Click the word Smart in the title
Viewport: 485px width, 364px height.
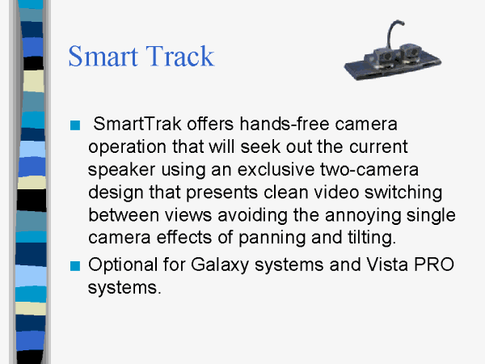[x=103, y=56]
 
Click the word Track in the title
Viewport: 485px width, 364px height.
[x=180, y=56]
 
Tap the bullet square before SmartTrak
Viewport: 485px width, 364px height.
[x=75, y=125]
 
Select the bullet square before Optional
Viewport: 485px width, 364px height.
[x=75, y=266]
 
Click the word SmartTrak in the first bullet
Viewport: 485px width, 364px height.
[x=137, y=124]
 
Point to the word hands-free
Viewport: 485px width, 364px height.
[x=285, y=124]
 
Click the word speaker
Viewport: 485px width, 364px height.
[x=121, y=170]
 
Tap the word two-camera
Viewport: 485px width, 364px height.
[x=369, y=169]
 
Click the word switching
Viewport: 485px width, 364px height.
[x=403, y=193]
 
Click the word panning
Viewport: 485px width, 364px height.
[x=272, y=238]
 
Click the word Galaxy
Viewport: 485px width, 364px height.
[x=220, y=265]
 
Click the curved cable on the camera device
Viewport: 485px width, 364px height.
[x=390, y=31]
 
